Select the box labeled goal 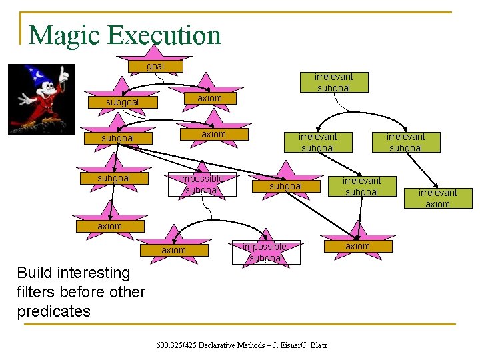[x=155, y=66]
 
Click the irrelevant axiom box [x=437, y=198]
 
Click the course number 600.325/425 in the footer [x=176, y=345]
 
